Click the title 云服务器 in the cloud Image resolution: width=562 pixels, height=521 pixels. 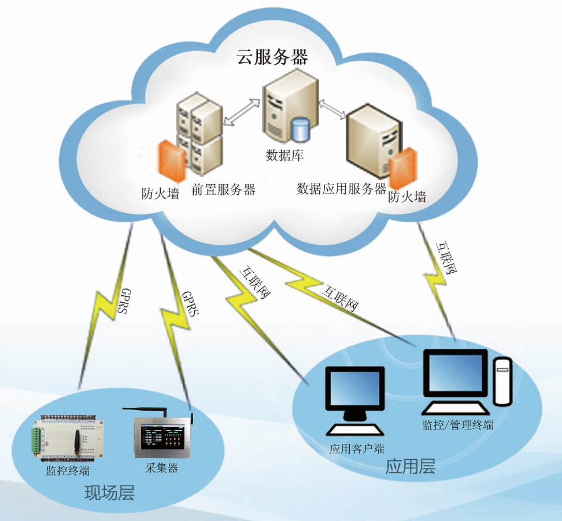272,57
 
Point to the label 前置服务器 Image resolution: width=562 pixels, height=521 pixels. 223,189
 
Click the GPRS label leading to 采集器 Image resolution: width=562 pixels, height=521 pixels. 190,304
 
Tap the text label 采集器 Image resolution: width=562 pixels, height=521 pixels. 160,468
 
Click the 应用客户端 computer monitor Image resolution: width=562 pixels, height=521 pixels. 354,394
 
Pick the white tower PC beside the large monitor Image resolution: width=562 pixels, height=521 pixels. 502,380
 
